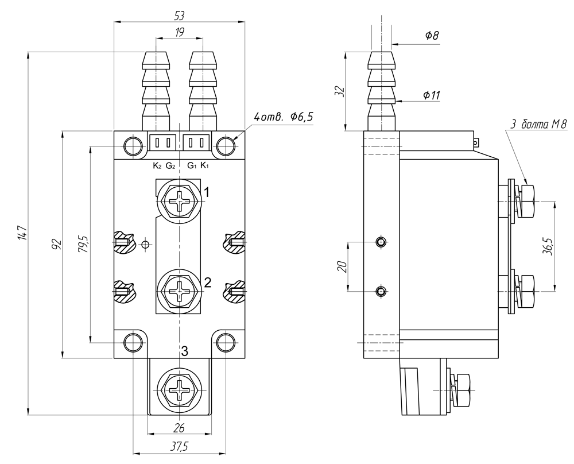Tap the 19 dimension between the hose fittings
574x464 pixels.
click(180, 33)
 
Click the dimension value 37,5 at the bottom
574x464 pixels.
click(180, 447)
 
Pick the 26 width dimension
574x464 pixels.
click(180, 427)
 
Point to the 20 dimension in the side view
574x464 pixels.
click(343, 267)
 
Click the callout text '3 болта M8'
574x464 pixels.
click(538, 124)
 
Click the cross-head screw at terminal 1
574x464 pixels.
click(180, 202)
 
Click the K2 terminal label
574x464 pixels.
click(157, 167)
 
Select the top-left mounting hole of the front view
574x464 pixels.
click(133, 145)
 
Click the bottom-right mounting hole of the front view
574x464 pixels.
click(226, 343)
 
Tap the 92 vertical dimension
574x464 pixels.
click(56, 245)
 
